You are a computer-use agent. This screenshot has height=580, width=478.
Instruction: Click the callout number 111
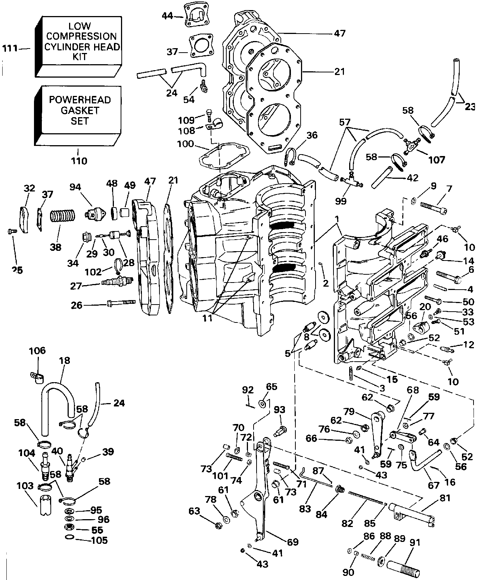(x=10, y=49)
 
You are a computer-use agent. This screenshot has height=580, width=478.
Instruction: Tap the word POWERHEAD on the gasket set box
(x=80, y=100)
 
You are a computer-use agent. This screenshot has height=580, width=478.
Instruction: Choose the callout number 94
(x=75, y=187)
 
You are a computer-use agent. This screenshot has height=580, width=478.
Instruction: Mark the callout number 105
(x=99, y=540)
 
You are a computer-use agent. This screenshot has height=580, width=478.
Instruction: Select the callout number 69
(x=293, y=542)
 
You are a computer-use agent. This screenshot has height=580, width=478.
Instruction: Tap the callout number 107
(x=437, y=160)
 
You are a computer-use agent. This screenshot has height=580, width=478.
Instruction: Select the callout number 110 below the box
(x=79, y=161)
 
